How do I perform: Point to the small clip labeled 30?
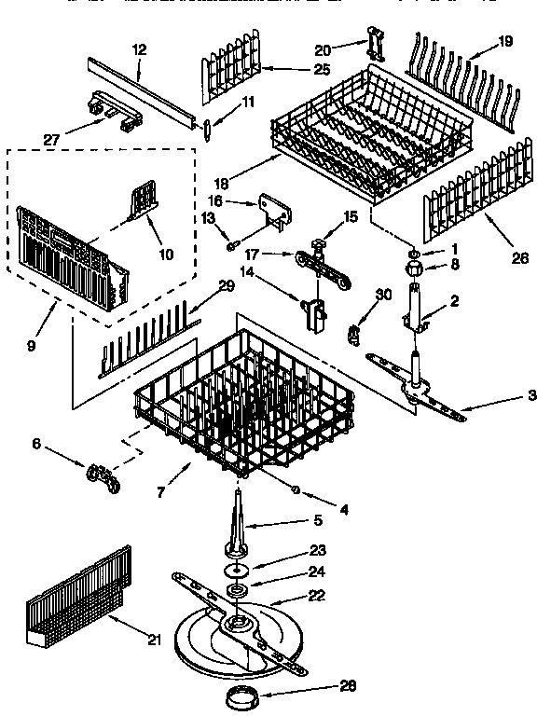[x=355, y=333]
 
